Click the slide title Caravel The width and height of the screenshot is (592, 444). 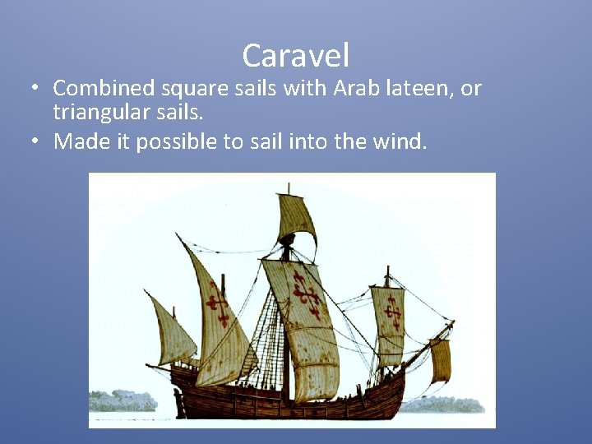[x=296, y=56]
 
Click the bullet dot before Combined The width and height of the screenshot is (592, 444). [x=37, y=88]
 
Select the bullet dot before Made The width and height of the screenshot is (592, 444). [x=37, y=141]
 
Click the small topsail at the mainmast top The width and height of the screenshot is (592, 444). [x=296, y=218]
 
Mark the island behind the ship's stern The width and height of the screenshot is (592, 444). [x=123, y=401]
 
